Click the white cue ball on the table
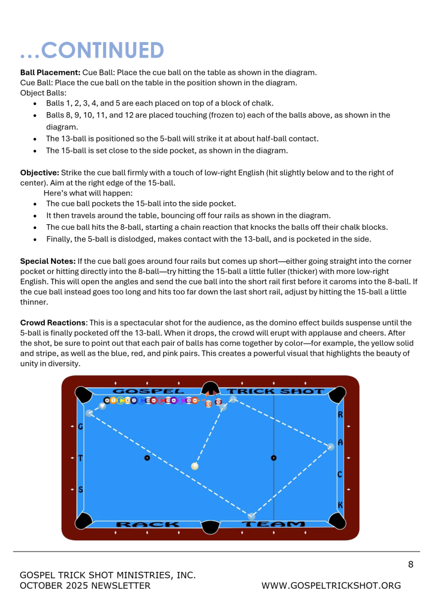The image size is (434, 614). [194, 466]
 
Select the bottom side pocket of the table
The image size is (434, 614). [210, 526]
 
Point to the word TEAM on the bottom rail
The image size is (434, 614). [273, 525]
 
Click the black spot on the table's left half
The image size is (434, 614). [147, 458]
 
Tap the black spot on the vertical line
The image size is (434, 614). [274, 458]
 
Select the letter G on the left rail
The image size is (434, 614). [80, 427]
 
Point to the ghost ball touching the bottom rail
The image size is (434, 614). [252, 516]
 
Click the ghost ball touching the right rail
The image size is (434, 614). [330, 447]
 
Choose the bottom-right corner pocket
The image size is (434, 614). [337, 520]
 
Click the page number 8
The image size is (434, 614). [411, 564]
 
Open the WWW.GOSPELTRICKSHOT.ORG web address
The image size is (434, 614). [331, 586]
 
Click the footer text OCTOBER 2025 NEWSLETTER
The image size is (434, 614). [85, 586]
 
